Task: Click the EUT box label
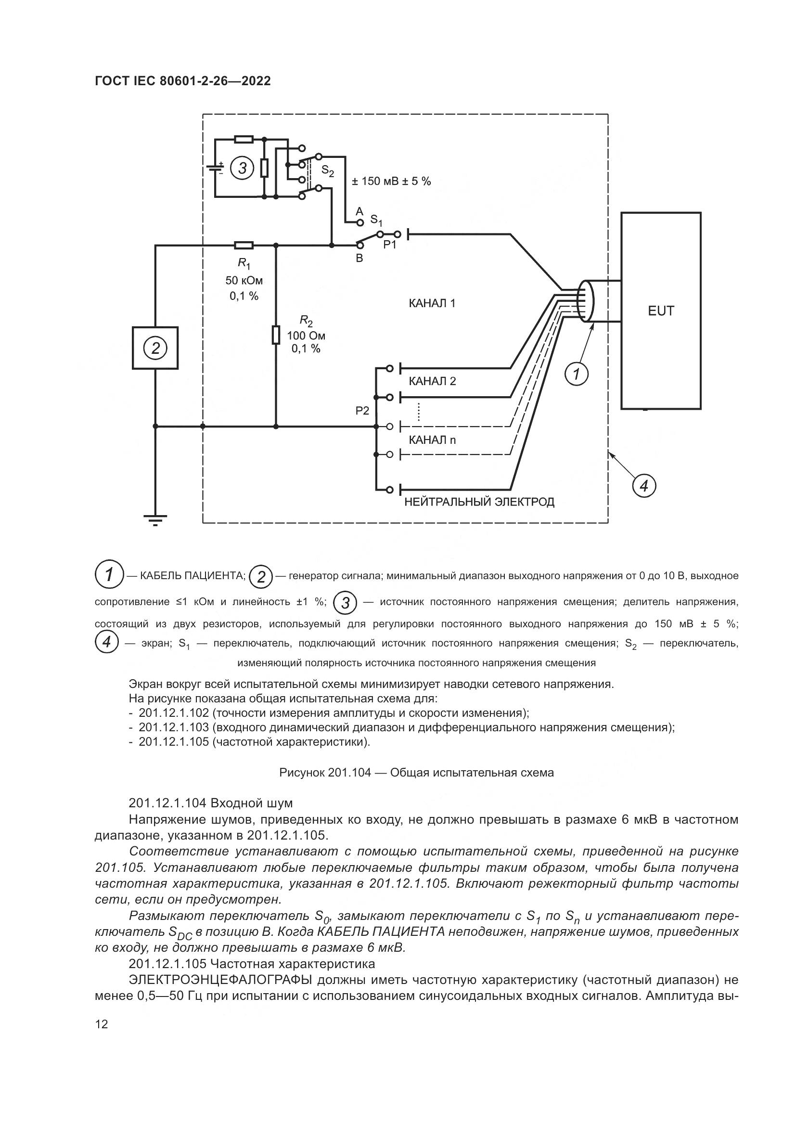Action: [x=661, y=311]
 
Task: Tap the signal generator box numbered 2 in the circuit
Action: [x=155, y=348]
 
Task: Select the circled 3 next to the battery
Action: [x=242, y=168]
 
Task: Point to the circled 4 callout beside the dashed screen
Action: [x=643, y=486]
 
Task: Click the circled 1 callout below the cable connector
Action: [x=577, y=375]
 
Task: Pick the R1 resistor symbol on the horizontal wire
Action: [x=244, y=245]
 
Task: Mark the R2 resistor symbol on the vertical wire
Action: [x=276, y=335]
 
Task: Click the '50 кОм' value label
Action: [x=244, y=281]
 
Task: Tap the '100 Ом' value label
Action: [x=306, y=336]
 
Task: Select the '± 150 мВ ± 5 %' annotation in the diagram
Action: [x=391, y=181]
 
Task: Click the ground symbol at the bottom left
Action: [x=155, y=519]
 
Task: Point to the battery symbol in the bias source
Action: [x=215, y=168]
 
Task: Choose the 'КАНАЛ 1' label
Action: [x=432, y=304]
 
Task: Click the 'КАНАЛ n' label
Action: [x=432, y=440]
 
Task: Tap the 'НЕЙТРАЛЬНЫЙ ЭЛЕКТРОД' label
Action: [x=479, y=502]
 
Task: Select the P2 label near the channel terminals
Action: [x=362, y=411]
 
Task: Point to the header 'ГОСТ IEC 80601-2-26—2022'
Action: [x=183, y=81]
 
